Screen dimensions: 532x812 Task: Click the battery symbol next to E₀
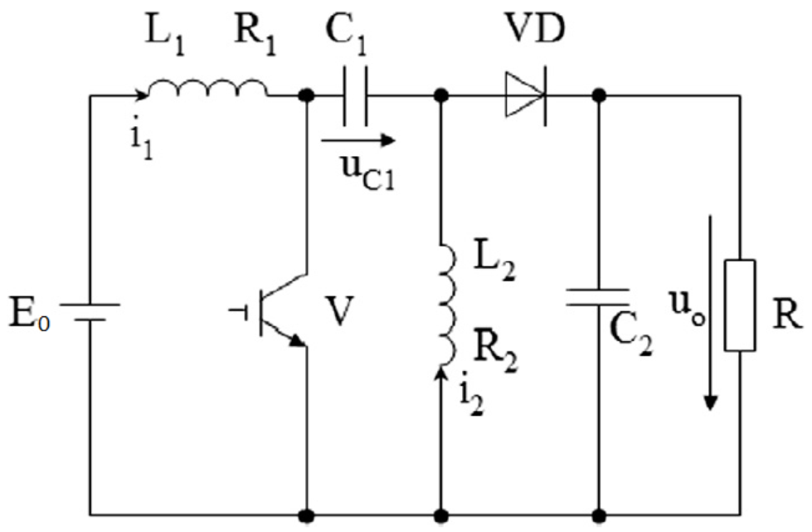coord(90,314)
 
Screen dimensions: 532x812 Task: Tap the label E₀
coord(32,315)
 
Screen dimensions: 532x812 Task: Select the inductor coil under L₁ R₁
coord(207,87)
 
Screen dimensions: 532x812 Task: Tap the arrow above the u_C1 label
coord(357,141)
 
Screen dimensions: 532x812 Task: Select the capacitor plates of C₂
coord(597,297)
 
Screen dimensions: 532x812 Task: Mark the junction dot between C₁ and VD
coord(442,96)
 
